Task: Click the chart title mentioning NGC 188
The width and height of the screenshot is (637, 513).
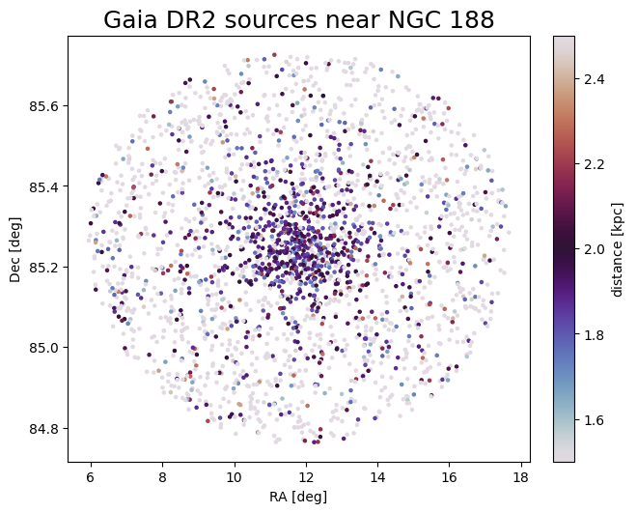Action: click(x=298, y=19)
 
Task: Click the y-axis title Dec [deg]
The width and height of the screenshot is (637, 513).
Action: click(x=16, y=248)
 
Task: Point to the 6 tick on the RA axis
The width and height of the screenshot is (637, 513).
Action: click(x=91, y=477)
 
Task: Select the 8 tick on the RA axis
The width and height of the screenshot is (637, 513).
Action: click(x=162, y=477)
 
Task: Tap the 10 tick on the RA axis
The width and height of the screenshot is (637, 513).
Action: click(x=235, y=477)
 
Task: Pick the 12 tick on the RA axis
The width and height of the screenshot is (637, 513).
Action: click(x=306, y=477)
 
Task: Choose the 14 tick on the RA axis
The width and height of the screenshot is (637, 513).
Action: click(x=377, y=477)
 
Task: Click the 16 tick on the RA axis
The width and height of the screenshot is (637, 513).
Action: click(x=450, y=477)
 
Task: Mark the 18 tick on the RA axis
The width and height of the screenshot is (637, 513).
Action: click(x=521, y=477)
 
